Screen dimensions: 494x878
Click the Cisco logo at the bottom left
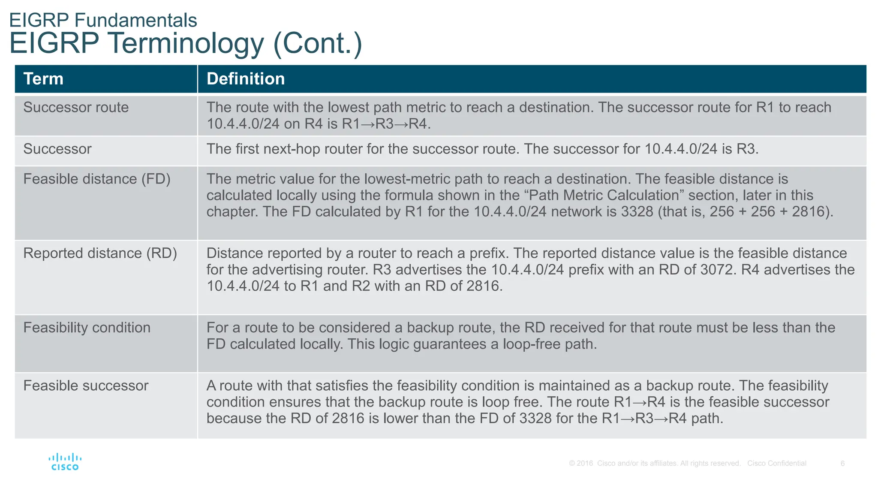(65, 462)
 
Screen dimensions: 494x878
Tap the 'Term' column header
(43, 79)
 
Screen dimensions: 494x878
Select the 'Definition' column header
(246, 79)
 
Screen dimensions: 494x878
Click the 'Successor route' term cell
(76, 107)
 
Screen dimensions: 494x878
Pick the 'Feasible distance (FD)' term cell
(97, 179)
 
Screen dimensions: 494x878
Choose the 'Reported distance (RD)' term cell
(100, 253)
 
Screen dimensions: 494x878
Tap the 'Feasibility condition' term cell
(87, 328)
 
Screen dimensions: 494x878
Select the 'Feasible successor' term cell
(86, 386)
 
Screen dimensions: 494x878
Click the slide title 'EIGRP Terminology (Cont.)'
(186, 43)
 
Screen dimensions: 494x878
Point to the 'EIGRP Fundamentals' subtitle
(103, 20)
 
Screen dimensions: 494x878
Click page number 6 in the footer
(842, 463)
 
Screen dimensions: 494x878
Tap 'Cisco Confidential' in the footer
(776, 463)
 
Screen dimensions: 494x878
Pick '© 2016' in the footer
(581, 463)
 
